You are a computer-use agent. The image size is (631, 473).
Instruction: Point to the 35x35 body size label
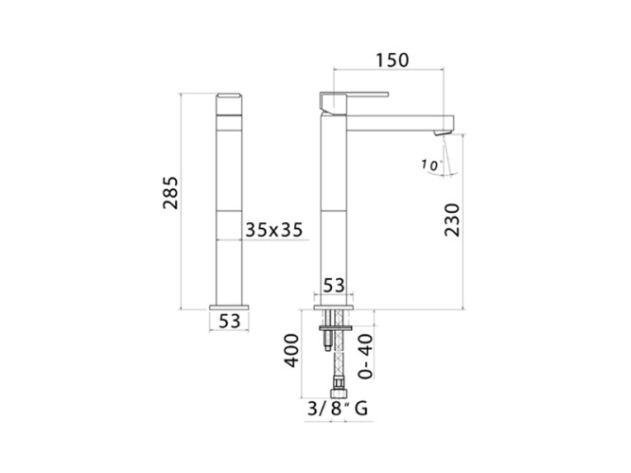(274, 230)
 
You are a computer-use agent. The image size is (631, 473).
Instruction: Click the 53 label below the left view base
(229, 322)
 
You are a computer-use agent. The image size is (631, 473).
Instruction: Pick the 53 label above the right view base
(334, 286)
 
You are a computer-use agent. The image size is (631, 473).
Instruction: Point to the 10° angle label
(430, 165)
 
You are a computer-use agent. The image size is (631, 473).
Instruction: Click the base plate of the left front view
(229, 306)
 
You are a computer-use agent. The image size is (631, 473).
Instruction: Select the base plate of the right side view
(334, 306)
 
